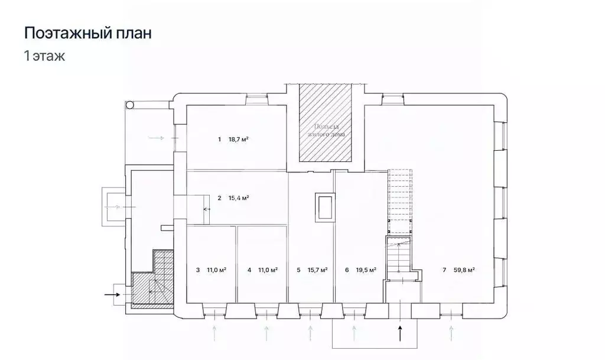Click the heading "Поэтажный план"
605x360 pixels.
tap(87, 33)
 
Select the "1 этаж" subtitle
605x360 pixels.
tap(44, 57)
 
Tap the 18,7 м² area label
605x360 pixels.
tap(238, 140)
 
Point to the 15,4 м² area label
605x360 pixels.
tap(238, 198)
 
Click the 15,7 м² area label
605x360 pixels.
tap(318, 270)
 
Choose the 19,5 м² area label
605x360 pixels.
tap(366, 270)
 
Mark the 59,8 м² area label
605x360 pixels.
tap(464, 270)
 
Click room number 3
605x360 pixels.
tap(197, 270)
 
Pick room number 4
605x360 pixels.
tap(249, 270)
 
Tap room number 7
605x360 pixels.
tap(444, 270)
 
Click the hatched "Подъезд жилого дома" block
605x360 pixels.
tap(325, 124)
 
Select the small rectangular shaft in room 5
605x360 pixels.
tap(324, 207)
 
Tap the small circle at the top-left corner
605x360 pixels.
tap(129, 105)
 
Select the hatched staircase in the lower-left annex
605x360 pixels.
tap(152, 284)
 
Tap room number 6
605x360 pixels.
tap(347, 270)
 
